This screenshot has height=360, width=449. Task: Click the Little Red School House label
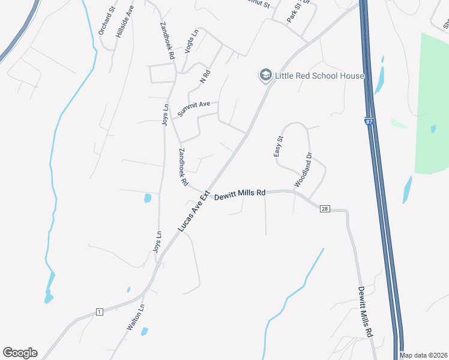click(319, 76)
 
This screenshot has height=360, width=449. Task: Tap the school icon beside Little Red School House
click(265, 75)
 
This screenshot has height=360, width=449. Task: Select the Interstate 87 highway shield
click(368, 121)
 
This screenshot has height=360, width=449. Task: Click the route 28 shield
click(325, 208)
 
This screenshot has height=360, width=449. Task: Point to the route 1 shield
click(98, 311)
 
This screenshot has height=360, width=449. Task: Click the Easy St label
click(279, 146)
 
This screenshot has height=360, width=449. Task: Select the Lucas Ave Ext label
click(195, 212)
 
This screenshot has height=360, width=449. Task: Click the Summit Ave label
click(193, 109)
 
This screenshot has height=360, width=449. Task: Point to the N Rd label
click(205, 77)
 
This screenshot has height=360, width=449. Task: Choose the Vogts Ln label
click(191, 43)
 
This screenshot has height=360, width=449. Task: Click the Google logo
click(20, 353)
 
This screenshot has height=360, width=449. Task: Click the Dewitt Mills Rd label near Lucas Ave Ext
click(240, 194)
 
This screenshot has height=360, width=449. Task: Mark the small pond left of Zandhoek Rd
click(148, 198)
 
